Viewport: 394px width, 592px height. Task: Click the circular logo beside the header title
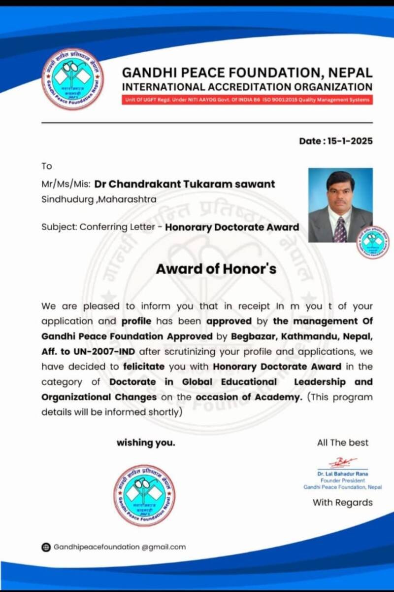(x=73, y=79)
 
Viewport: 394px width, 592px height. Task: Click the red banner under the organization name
(x=247, y=100)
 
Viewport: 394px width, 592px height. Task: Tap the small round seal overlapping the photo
(x=372, y=242)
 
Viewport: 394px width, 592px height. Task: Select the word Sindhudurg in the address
(x=62, y=200)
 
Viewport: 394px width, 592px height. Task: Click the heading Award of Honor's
(x=216, y=269)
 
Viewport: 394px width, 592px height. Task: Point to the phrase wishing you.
(x=146, y=443)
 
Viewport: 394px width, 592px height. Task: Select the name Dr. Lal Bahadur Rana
(x=343, y=474)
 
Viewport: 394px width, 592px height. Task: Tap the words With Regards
(x=343, y=503)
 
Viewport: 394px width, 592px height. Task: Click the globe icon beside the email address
(x=46, y=547)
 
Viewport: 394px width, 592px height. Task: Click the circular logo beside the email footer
(x=144, y=495)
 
